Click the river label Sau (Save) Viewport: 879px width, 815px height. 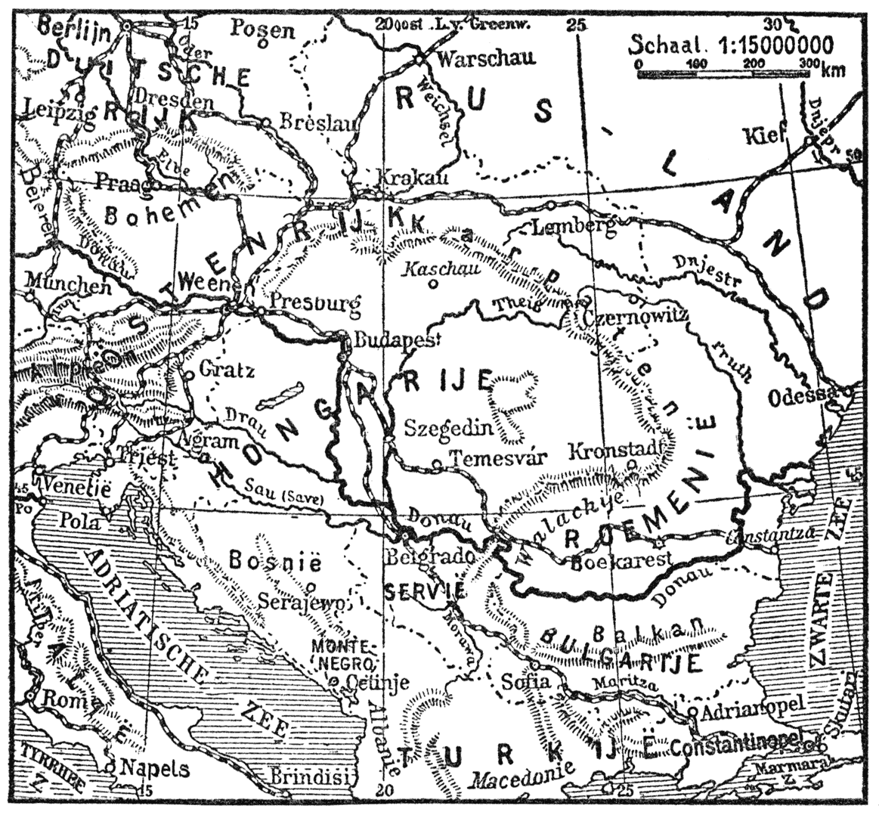click(x=283, y=497)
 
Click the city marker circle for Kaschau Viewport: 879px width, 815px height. click(x=432, y=285)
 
